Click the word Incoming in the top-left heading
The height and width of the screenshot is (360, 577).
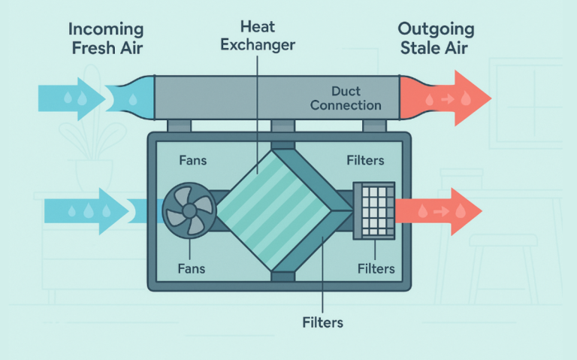[x=107, y=30]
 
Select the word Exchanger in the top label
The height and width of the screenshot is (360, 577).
[x=258, y=44]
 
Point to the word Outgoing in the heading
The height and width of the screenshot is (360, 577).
[x=436, y=30]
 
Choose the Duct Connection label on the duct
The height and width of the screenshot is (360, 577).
[x=346, y=97]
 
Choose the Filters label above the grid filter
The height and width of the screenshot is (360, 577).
[x=365, y=161]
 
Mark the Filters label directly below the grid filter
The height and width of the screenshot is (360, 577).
[x=375, y=268]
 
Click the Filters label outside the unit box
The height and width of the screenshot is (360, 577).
[x=324, y=322]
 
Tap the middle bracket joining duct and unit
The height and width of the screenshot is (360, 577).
[x=281, y=126]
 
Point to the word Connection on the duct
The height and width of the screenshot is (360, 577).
[x=346, y=105]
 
